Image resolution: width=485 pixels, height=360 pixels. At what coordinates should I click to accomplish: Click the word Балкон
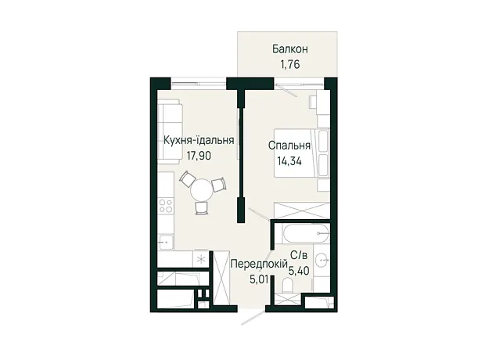289,49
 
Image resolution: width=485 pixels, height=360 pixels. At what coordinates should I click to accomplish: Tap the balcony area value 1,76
290,65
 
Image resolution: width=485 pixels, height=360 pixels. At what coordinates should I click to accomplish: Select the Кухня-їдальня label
199,140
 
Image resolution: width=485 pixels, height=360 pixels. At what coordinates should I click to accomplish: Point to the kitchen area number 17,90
199,156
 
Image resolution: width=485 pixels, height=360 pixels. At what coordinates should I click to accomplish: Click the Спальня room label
289,146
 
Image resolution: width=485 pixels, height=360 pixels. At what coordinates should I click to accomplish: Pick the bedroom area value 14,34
289,161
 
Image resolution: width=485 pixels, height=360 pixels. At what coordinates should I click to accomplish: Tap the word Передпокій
260,264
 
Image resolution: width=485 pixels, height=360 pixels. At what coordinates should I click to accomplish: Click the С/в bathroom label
299,255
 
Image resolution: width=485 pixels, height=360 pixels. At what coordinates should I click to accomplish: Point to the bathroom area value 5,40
299,271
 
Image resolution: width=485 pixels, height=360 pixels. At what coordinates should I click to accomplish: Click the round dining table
202,190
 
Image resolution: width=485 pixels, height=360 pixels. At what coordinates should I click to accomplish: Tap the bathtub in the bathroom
305,234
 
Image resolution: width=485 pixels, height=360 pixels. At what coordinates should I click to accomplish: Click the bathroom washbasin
321,260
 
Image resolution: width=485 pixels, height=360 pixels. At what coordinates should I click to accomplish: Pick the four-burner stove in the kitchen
166,206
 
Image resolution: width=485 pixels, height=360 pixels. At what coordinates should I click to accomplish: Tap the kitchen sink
166,241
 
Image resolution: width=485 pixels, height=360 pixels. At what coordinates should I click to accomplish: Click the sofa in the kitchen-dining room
170,131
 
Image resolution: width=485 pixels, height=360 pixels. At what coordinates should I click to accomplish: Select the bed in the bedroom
302,153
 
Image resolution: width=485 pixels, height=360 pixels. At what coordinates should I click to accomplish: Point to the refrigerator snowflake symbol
201,259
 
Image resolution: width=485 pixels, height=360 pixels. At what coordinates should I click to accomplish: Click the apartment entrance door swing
253,315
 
